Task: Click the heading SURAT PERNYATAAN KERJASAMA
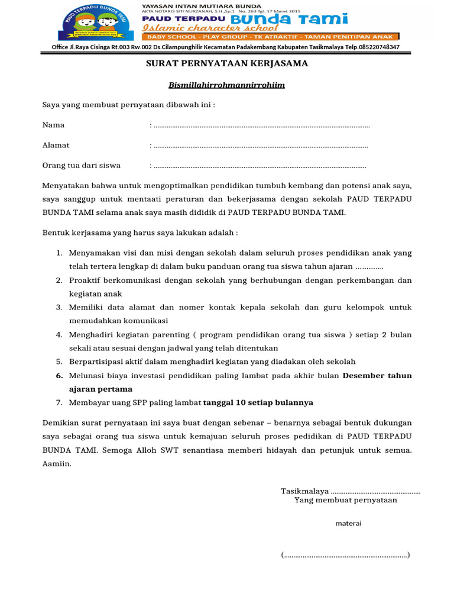pos(227,63)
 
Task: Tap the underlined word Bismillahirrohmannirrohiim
pos(227,85)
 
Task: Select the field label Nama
pos(53,125)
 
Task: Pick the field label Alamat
pos(56,145)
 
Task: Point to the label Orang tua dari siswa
pos(81,165)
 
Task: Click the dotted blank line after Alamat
pos(260,146)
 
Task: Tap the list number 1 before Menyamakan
pos(59,253)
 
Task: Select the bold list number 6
pos(59,376)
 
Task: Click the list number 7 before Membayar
pos(59,402)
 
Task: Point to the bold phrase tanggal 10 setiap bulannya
pos(258,402)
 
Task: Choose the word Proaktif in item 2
pos(87,280)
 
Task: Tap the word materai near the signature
pos(348,523)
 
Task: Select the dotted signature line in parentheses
pos(345,555)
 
